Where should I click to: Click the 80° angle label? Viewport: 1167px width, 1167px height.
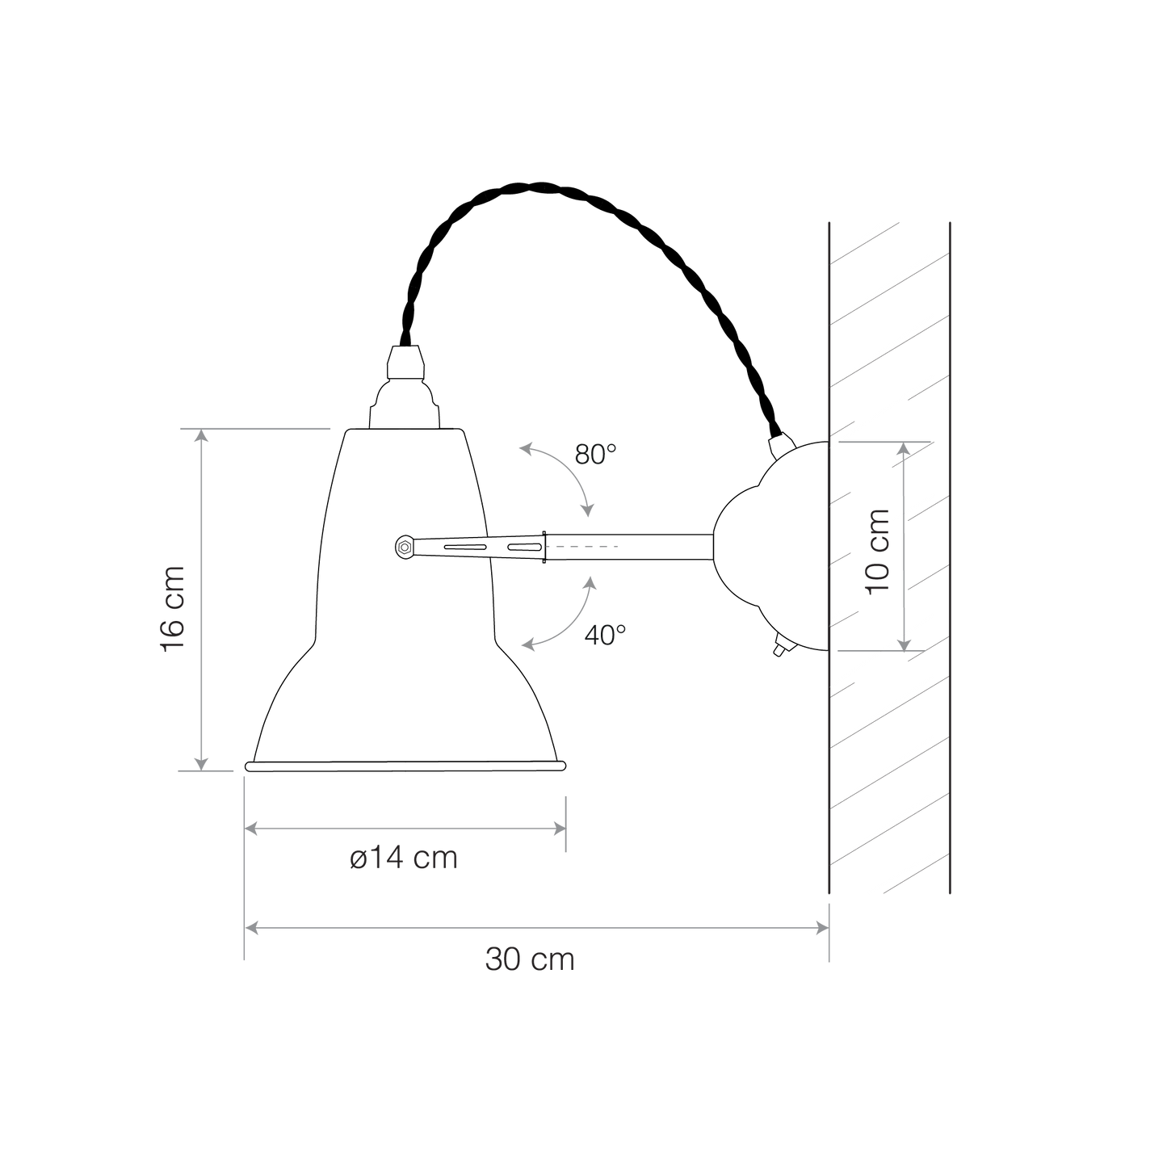pyautogui.click(x=595, y=454)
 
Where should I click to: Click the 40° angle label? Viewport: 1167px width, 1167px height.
pyautogui.click(x=605, y=635)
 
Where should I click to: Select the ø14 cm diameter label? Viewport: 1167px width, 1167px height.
pyautogui.click(x=403, y=858)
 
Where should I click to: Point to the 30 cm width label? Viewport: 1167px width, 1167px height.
pyautogui.click(x=530, y=959)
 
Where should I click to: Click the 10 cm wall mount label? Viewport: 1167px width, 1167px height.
pyautogui.click(x=878, y=552)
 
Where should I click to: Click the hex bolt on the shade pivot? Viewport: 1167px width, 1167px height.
pyautogui.click(x=404, y=548)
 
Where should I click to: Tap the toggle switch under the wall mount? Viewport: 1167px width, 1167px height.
pyautogui.click(x=780, y=646)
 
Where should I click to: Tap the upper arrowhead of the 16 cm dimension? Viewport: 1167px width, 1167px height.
pyautogui.click(x=202, y=435)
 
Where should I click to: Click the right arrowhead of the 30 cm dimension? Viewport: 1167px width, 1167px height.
pyautogui.click(x=822, y=928)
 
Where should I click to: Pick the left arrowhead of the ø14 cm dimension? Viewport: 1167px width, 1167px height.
pyautogui.click(x=251, y=829)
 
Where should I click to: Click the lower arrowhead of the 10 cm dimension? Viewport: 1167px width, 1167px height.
pyautogui.click(x=904, y=644)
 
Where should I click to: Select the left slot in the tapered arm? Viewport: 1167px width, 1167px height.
pyautogui.click(x=465, y=548)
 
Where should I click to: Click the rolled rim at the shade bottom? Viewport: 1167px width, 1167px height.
pyautogui.click(x=405, y=766)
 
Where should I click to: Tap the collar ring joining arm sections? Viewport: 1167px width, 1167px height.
pyautogui.click(x=544, y=548)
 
